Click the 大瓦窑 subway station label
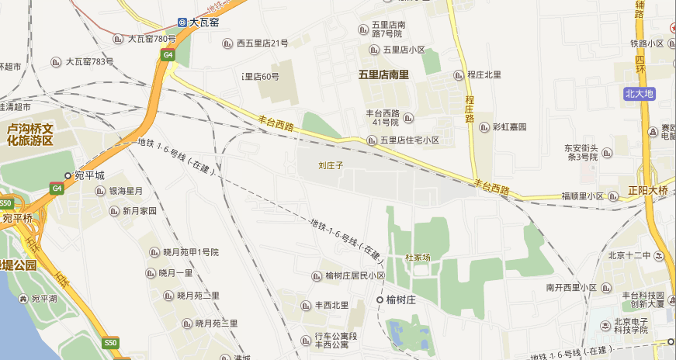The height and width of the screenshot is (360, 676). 203,22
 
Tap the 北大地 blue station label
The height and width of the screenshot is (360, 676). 640,94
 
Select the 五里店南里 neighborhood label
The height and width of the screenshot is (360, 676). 383,75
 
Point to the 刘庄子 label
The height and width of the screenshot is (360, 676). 331,165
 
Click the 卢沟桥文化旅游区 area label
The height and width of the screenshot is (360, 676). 29,134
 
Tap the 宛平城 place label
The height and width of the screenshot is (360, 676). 89,176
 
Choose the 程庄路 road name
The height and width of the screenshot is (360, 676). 469,109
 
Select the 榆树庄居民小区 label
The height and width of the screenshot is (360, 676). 355,276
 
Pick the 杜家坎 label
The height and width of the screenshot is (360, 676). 418,257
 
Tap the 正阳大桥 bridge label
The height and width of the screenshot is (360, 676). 648,190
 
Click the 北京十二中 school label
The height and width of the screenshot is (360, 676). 629,255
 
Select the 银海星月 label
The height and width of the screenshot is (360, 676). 126,191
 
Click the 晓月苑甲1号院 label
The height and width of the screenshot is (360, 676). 191,252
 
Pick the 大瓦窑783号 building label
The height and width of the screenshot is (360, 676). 89,61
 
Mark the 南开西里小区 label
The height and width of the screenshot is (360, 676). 570,288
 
